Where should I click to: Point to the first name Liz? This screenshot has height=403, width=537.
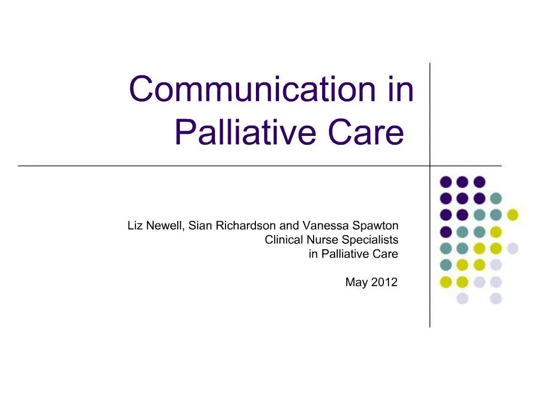pos(135,226)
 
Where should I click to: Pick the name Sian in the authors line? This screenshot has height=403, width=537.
pos(200,226)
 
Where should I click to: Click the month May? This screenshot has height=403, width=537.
pos(356,282)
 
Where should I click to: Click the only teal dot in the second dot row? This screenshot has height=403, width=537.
pos(496,198)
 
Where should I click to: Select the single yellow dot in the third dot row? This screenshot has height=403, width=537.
pos(512,215)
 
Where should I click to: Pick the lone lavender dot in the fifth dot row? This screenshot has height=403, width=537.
pos(512,248)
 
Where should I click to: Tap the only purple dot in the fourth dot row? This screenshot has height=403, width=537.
pos(446,231)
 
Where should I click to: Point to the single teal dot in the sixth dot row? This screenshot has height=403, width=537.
pos(446,265)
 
